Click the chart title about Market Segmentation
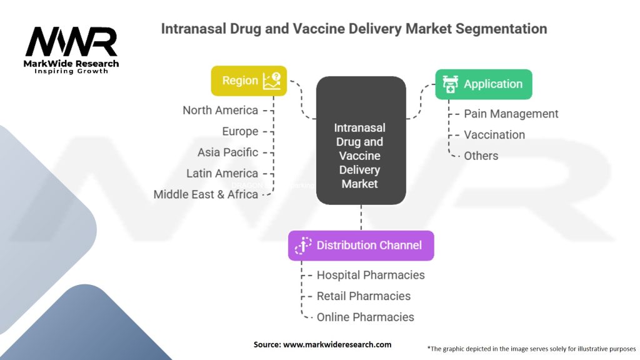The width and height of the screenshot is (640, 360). click(354, 29)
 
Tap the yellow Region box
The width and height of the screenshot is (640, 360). click(249, 81)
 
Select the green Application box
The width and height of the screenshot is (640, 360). click(484, 84)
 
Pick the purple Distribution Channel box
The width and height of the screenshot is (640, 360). click(361, 246)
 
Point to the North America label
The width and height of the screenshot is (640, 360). click(220, 111)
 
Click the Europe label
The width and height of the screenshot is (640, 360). click(240, 131)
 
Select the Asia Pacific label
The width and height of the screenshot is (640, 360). click(227, 152)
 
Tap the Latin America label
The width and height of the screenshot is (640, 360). click(222, 173)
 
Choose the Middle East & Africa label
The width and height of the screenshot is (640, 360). click(206, 194)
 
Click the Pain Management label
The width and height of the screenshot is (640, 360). click(511, 114)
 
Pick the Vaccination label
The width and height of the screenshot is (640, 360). click(494, 135)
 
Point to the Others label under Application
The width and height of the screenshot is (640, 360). click(481, 156)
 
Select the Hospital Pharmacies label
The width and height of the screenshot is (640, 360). click(370, 275)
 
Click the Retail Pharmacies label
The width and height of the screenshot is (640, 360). click(363, 296)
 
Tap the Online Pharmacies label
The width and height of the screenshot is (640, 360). click(365, 317)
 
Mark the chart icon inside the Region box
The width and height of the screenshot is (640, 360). click(272, 81)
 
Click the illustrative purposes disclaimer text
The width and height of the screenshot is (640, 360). click(531, 349)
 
